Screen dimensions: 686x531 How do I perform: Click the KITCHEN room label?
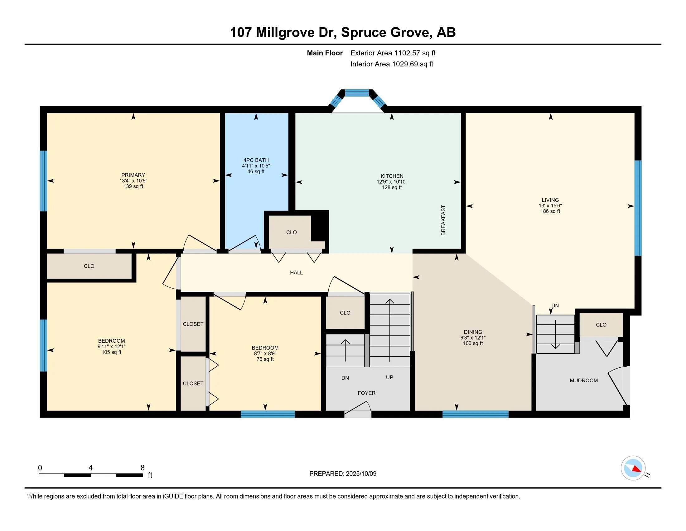point(392,176)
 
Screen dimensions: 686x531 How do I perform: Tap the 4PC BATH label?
point(256,160)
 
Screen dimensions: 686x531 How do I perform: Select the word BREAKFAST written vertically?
point(443,220)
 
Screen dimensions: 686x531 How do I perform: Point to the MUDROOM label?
point(584,380)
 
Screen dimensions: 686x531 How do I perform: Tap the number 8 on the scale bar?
point(143,468)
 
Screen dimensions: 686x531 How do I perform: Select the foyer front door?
point(358,412)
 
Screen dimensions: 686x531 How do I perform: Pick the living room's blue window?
point(638,208)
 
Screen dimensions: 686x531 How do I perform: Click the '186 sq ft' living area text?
point(550,211)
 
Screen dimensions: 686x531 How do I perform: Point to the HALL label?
point(296,273)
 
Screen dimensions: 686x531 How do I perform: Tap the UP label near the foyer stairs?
point(389,377)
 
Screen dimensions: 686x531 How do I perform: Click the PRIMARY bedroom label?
point(133,175)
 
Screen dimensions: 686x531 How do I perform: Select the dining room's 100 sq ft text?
point(473,343)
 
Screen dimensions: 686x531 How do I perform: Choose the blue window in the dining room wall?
point(475,414)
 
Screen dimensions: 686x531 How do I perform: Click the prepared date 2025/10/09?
point(361,474)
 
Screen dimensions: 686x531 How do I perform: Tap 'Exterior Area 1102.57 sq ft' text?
point(393,53)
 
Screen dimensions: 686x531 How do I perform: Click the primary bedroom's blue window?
point(43,181)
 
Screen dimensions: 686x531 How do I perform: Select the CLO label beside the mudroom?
point(601,325)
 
